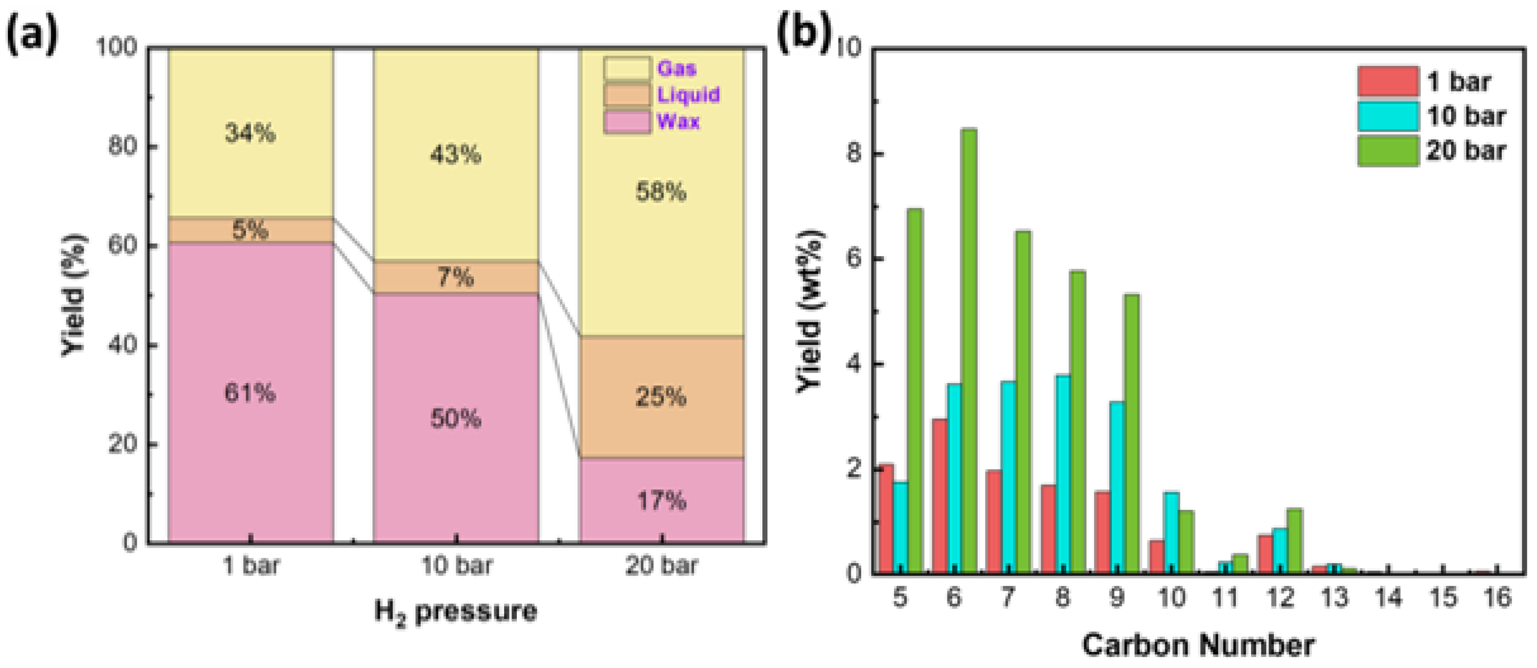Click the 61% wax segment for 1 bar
click(250, 392)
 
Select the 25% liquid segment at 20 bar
click(661, 397)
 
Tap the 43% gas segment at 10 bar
click(455, 155)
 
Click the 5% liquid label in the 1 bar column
click(250, 230)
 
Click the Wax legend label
click(678, 121)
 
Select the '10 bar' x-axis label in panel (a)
click(456, 566)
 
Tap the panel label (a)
click(32, 35)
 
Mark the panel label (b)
click(804, 35)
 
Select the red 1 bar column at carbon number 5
click(885, 519)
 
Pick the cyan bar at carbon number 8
click(1063, 474)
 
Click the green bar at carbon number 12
click(1294, 541)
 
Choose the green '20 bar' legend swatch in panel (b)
click(1388, 150)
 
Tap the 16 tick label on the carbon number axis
click(1497, 598)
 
